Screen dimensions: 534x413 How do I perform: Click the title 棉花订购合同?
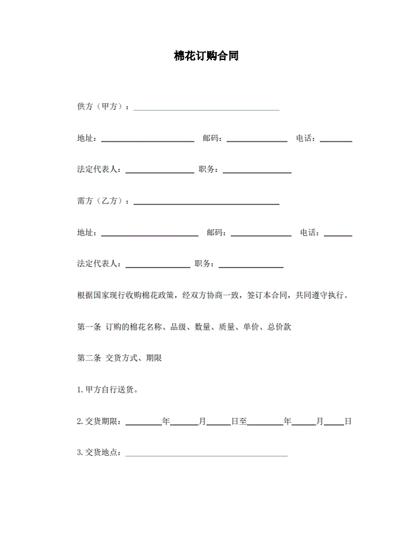(x=206, y=57)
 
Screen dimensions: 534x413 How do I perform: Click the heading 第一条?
(x=89, y=327)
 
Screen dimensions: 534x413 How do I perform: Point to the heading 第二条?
(x=89, y=358)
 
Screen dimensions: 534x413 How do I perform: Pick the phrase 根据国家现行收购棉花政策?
(x=126, y=295)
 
